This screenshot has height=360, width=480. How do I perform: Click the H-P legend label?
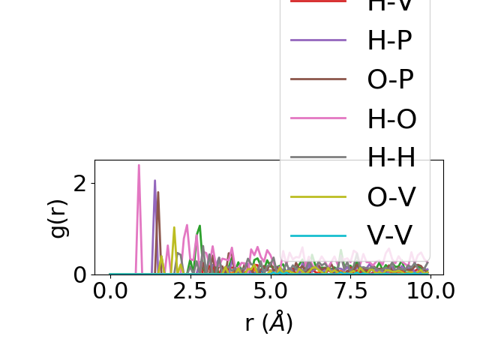coord(389,40)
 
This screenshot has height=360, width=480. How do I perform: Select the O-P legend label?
coord(390,79)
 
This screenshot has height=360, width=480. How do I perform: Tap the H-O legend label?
coord(391,118)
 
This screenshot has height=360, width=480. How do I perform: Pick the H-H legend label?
coord(391,157)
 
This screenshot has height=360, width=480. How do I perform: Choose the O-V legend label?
coord(391,196)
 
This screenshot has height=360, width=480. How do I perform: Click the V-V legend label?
coord(389,235)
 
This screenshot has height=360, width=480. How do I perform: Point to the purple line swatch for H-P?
coord(319,40)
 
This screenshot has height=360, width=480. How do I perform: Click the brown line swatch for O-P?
coord(319,79)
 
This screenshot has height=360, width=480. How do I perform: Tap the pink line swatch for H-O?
coord(319,118)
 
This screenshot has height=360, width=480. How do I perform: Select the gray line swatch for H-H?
coord(319,157)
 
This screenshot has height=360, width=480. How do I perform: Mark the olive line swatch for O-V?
coord(319,196)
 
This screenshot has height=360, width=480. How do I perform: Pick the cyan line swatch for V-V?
coord(319,235)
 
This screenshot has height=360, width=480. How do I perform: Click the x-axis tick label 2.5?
coord(190,290)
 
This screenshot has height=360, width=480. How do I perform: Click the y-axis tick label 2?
coord(79,184)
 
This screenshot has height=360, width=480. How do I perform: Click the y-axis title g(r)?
coord(58,217)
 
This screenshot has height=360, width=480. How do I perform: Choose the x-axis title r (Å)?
coord(268,322)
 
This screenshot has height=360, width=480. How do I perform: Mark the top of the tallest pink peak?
coord(139,165)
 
